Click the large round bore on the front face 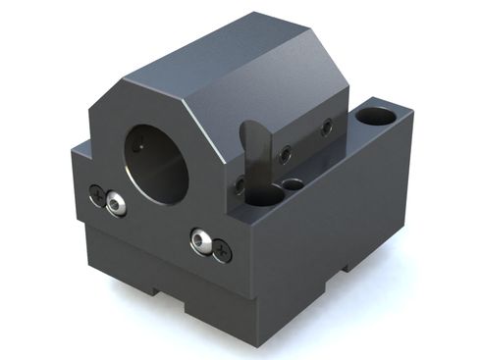pos(157,162)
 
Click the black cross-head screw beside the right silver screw pos(223,250)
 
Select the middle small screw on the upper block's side pos(284,153)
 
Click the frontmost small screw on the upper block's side pos(240,183)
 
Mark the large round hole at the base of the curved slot pos(261,193)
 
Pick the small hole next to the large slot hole pos(292,183)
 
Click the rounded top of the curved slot pos(250,129)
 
